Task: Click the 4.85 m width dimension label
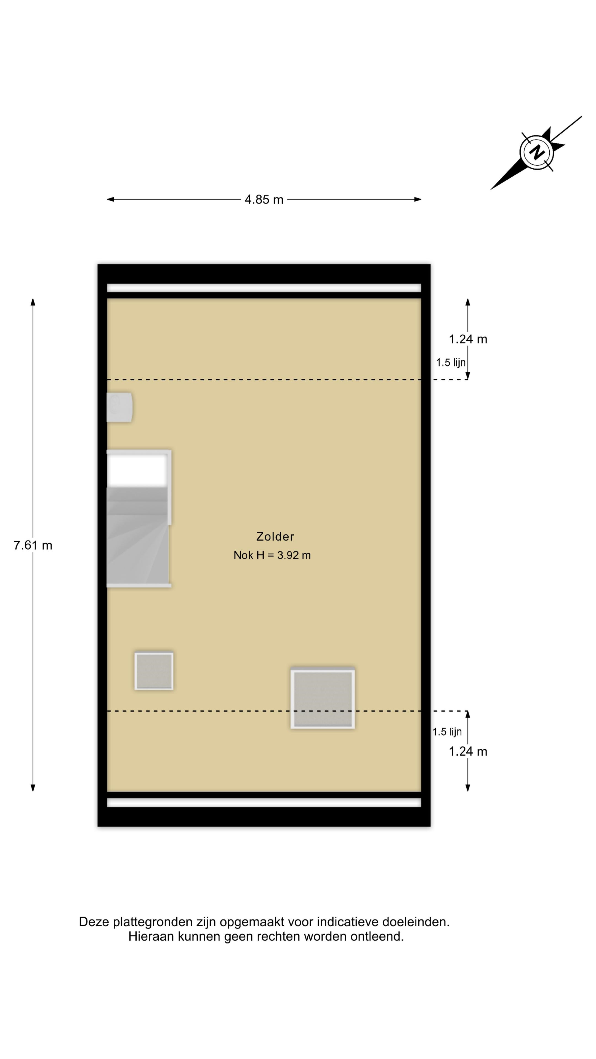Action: [x=264, y=200]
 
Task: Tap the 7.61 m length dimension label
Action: [x=33, y=545]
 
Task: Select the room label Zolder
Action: [x=275, y=536]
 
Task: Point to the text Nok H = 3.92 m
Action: [x=272, y=555]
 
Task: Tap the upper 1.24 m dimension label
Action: [x=468, y=339]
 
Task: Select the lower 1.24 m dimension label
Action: [x=468, y=752]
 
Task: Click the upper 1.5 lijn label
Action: [x=451, y=363]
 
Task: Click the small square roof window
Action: [x=154, y=671]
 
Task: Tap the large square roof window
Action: [x=323, y=699]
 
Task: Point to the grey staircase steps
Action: [x=137, y=536]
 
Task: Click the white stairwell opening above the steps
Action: [x=137, y=471]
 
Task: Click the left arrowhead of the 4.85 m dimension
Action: [x=110, y=199]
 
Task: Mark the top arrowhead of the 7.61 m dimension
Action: [x=33, y=302]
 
